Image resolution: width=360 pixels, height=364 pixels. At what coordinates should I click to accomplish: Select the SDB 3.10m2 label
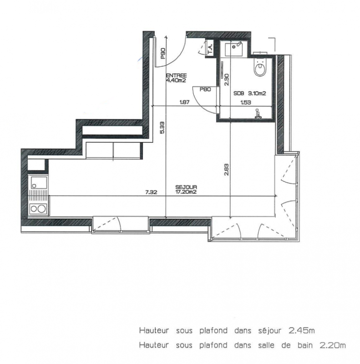pyautogui.click(x=249, y=93)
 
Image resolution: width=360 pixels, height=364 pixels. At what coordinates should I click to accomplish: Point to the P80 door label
pyautogui.click(x=205, y=89)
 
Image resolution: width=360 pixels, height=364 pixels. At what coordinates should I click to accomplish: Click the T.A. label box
pyautogui.click(x=211, y=48)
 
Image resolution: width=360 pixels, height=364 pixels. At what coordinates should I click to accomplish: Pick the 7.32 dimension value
pyautogui.click(x=151, y=192)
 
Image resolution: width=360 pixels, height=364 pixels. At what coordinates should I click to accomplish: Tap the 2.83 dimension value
pyautogui.click(x=227, y=170)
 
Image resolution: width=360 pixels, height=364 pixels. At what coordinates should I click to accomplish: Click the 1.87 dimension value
pyautogui.click(x=184, y=102)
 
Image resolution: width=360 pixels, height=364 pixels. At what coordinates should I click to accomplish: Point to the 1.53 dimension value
pyautogui.click(x=246, y=102)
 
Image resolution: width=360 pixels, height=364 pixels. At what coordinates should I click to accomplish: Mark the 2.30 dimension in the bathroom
pyautogui.click(x=227, y=80)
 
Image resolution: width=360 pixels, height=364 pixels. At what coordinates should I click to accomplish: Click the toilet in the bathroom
pyautogui.click(x=260, y=66)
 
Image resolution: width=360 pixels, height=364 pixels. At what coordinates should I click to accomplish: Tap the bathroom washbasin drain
pyautogui.click(x=234, y=47)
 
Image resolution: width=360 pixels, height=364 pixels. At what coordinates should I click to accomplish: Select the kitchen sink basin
pyautogui.click(x=38, y=183)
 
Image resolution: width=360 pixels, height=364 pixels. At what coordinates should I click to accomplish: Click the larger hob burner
pyautogui.click(x=42, y=209)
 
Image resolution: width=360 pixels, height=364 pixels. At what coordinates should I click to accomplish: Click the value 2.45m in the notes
pyautogui.click(x=302, y=330)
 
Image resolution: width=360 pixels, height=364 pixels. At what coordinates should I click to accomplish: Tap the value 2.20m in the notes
pyautogui.click(x=333, y=345)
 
